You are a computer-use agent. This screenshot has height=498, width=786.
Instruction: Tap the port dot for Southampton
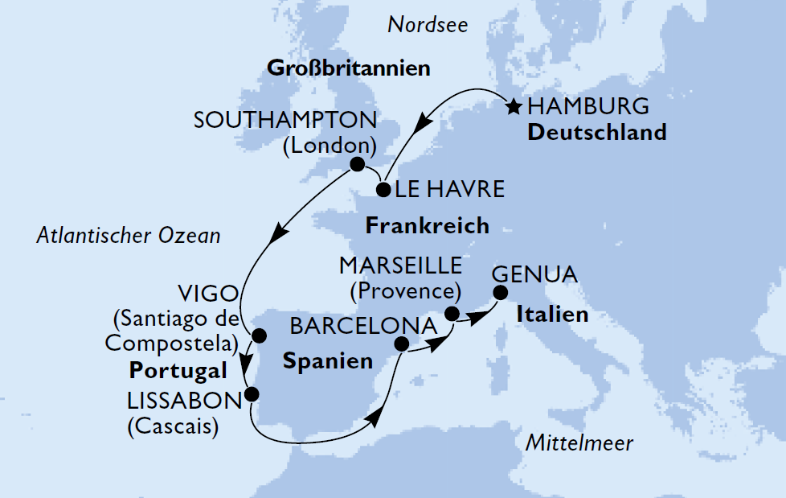(356, 164)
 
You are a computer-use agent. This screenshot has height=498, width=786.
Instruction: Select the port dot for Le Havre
(383, 191)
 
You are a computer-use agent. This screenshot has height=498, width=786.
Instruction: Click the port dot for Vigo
(259, 335)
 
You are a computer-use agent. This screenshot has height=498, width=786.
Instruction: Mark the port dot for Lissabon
(252, 394)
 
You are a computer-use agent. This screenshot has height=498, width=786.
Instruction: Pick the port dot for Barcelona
(403, 344)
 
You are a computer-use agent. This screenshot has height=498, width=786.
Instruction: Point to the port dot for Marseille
(452, 314)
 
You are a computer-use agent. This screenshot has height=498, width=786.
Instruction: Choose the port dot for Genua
(500, 293)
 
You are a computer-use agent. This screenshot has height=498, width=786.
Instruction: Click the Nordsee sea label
(428, 26)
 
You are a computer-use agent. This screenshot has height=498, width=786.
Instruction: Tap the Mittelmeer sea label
(579, 442)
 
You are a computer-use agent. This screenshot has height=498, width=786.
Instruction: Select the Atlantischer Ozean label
(129, 237)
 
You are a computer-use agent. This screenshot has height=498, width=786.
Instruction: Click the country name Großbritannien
(347, 68)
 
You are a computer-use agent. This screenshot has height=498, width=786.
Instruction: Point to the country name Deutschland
(596, 132)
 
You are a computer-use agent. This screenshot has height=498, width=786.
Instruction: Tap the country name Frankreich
(427, 225)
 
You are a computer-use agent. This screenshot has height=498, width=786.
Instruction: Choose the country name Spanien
(328, 360)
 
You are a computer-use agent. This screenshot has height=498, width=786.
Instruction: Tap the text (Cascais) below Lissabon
(173, 426)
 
